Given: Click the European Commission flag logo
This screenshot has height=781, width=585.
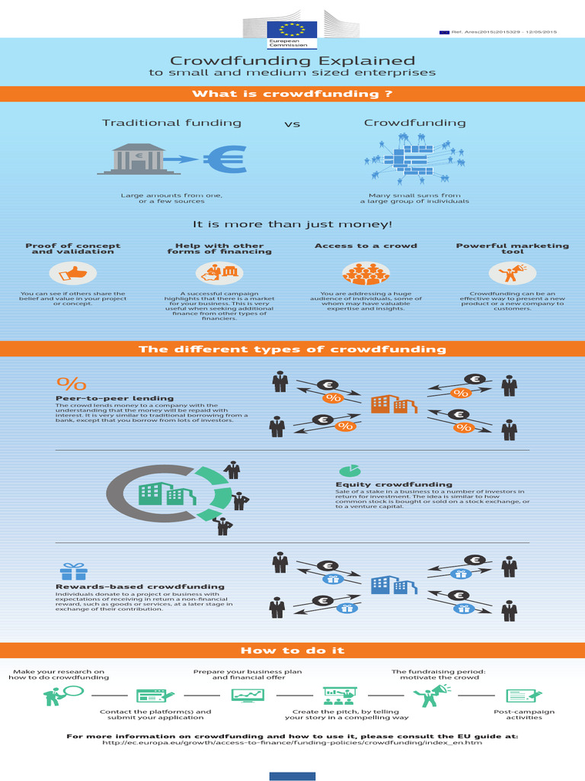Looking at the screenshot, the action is [x=292, y=30].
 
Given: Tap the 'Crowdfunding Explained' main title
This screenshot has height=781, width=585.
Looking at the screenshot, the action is [x=292, y=60].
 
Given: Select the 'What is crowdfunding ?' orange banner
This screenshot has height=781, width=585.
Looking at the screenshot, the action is [x=292, y=94].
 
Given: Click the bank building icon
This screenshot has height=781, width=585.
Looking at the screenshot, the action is [x=139, y=159].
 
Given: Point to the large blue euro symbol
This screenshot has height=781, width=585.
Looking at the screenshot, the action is [x=225, y=159].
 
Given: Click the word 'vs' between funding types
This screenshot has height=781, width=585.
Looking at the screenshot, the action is [x=292, y=124].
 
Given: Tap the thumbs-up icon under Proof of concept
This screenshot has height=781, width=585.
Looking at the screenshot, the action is [x=73, y=272].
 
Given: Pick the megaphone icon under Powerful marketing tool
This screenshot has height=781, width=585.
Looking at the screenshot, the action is [x=512, y=272].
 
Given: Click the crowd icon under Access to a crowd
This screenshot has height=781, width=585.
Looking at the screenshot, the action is [x=366, y=273].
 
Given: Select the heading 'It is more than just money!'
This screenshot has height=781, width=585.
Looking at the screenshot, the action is [x=292, y=224].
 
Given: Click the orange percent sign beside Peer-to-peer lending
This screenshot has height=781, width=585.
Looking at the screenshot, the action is [x=72, y=383].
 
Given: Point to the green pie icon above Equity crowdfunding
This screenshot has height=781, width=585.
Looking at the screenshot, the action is [x=350, y=470].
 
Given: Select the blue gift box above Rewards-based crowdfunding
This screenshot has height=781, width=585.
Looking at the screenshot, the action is [x=74, y=571].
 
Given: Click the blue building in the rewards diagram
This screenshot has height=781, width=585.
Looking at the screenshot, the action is [x=393, y=585].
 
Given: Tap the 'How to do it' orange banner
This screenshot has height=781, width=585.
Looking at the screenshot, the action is [x=292, y=651].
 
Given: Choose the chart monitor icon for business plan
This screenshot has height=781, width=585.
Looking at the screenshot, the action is [x=248, y=696].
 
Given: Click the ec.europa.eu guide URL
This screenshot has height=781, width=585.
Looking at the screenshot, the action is [x=292, y=743].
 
